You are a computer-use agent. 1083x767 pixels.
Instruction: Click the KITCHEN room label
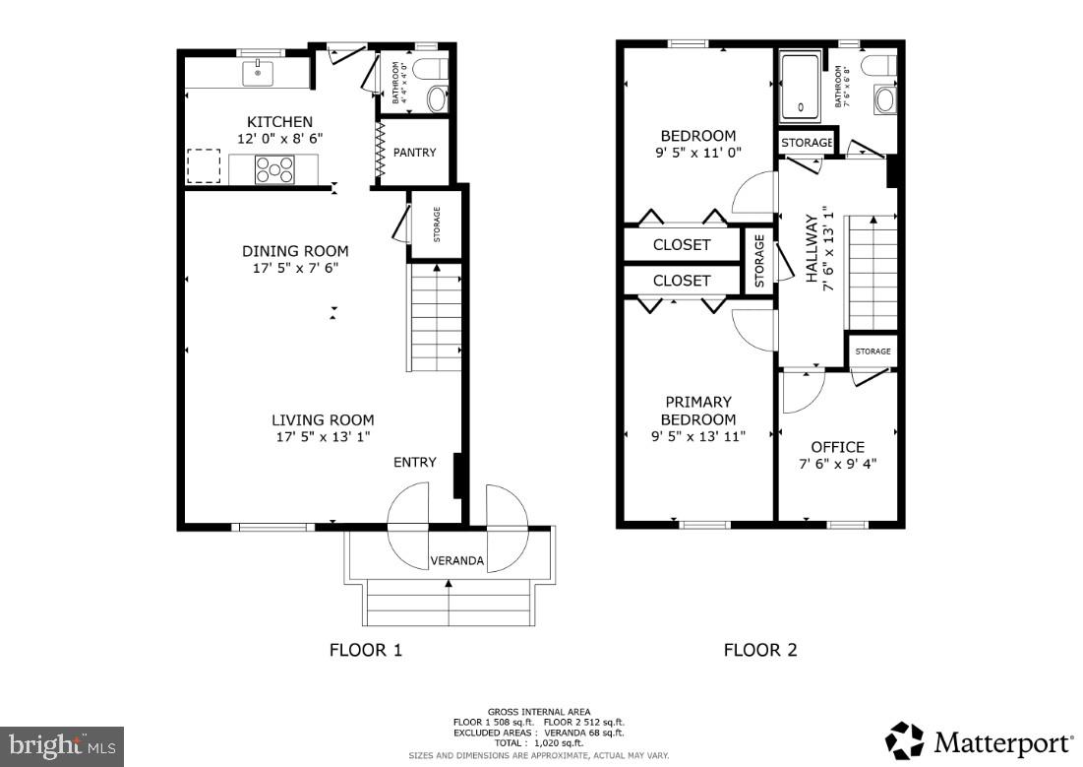point(279,121)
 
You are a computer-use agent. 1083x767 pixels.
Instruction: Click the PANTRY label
point(414,153)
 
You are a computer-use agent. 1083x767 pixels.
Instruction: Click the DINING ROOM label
point(295,251)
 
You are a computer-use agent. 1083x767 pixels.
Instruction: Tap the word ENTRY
point(415,462)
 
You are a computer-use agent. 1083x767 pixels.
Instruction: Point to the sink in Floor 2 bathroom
point(884,99)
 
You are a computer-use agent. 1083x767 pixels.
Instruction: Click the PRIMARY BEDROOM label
point(697,411)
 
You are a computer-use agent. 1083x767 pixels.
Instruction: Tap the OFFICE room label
point(837,447)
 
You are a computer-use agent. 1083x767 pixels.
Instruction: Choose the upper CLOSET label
point(682,245)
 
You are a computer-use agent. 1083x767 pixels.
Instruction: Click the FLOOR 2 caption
point(760,650)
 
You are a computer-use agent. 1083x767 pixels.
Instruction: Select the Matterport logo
point(979,741)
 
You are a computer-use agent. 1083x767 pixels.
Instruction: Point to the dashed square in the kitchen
point(204,165)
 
